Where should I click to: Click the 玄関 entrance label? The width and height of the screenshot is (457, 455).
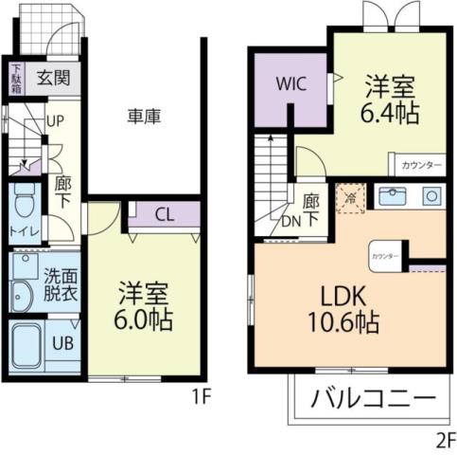point(54,78)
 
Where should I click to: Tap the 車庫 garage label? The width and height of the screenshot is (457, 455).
point(144,117)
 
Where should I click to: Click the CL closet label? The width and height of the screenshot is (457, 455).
point(164,214)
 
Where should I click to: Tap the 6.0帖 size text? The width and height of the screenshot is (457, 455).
point(145,319)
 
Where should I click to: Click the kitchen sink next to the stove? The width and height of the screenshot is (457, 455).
point(391,197)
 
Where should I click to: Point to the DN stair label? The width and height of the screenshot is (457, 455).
point(292,224)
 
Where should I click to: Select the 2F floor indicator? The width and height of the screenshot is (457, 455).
point(444,439)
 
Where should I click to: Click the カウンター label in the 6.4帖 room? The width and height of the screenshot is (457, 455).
point(421,166)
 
